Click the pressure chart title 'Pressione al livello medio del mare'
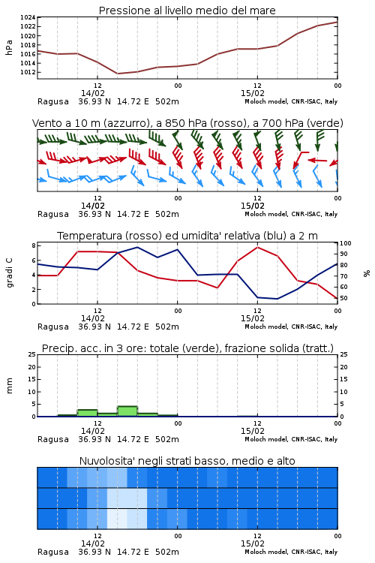point(187,11)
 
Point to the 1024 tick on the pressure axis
point(28,17)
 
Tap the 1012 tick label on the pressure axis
point(28,72)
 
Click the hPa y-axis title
point(9,47)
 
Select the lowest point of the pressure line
point(117,74)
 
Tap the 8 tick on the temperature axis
point(34,245)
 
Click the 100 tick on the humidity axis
point(346,243)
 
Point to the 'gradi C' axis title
point(10,273)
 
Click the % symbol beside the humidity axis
point(367,273)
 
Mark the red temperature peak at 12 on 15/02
point(257,247)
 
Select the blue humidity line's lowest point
point(277,299)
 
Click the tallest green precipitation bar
point(127,411)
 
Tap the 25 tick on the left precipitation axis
point(32,354)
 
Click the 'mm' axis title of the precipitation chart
point(9,386)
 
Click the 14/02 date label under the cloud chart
point(93,543)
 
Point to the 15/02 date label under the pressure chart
point(253,93)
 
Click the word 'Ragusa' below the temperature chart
point(53,327)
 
